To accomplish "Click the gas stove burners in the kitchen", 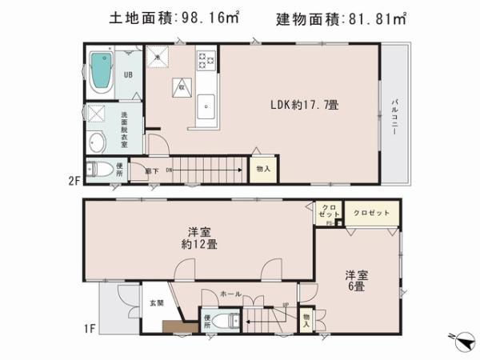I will (x=206, y=60).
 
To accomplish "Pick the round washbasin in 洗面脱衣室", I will (x=97, y=143).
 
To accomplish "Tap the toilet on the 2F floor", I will (x=101, y=170).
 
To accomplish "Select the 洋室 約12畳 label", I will (x=198, y=238).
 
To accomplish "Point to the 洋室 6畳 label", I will (x=356, y=281).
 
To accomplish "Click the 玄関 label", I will (x=156, y=302).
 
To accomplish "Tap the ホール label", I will (x=231, y=294).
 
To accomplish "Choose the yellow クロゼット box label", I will (x=370, y=212).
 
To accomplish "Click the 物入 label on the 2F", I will (x=262, y=170).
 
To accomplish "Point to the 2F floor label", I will (x=74, y=181).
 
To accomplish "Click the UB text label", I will (x=127, y=75).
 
